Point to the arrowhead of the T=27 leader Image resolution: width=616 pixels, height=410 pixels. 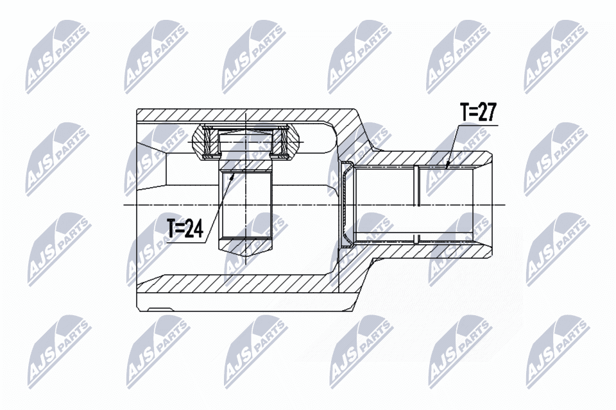(448, 166)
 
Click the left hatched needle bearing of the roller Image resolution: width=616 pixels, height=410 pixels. (209, 142)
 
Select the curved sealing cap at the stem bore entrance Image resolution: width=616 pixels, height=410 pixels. (345, 205)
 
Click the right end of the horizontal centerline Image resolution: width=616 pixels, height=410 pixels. (505, 205)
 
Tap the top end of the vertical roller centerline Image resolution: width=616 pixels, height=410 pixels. (246, 113)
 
